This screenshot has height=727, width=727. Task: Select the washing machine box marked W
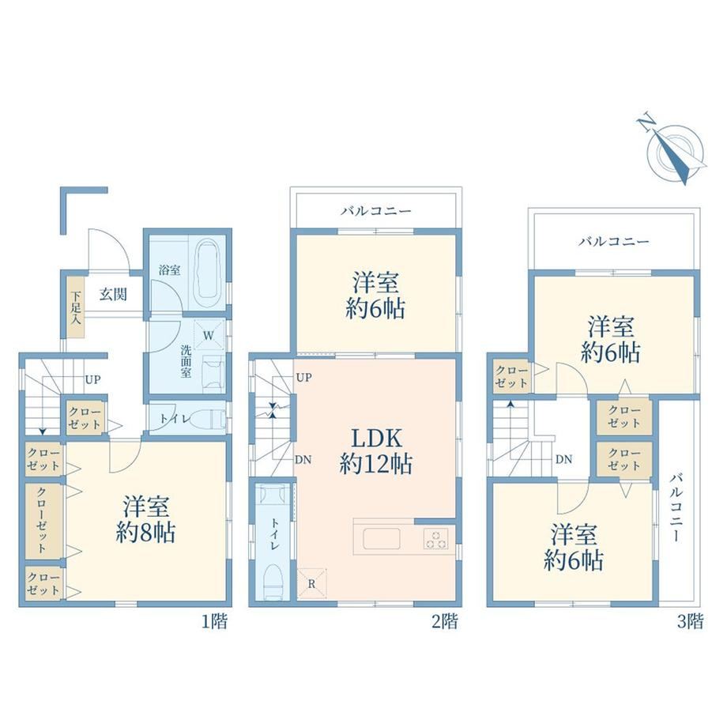tap(208, 335)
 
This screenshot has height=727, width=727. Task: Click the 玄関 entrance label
tap(113, 294)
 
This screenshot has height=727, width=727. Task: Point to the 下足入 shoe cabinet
tap(76, 307)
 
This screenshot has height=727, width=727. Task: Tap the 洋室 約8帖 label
tap(145, 519)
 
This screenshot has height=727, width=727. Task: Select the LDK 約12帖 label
tap(375, 450)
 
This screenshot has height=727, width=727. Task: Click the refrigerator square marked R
tap(311, 583)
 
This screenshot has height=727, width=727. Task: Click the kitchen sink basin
tap(382, 538)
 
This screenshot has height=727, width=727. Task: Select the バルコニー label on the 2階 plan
tap(376, 212)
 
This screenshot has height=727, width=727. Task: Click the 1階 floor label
tap(215, 621)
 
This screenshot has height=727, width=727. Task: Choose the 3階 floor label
tap(691, 621)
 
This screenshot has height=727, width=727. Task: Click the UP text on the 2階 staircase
tap(303, 378)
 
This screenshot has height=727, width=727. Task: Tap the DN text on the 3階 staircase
tap(563, 459)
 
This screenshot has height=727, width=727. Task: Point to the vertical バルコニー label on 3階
tap(676, 507)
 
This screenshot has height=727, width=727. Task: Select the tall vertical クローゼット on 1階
tap(43, 521)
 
